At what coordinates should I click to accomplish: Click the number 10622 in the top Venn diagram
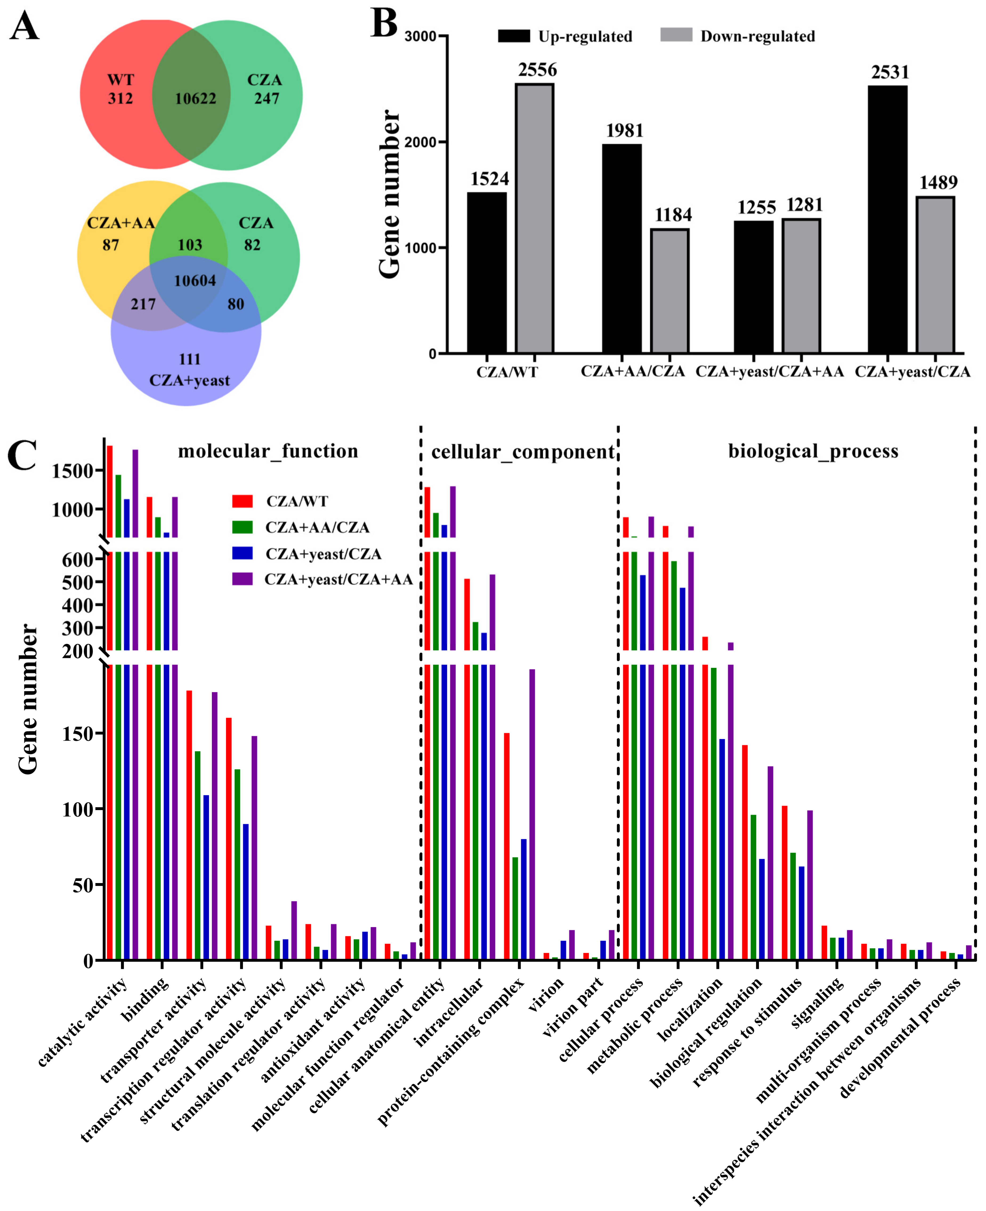coord(195,99)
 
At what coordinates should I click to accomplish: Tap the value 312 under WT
coord(120,99)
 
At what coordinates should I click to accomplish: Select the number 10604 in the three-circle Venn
coord(195,281)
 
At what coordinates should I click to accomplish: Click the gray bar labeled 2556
coord(535,219)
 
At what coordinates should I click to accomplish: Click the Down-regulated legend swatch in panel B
coord(676,35)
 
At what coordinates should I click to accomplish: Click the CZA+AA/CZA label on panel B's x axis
coord(632,372)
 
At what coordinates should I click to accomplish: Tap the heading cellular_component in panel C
coord(523,452)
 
